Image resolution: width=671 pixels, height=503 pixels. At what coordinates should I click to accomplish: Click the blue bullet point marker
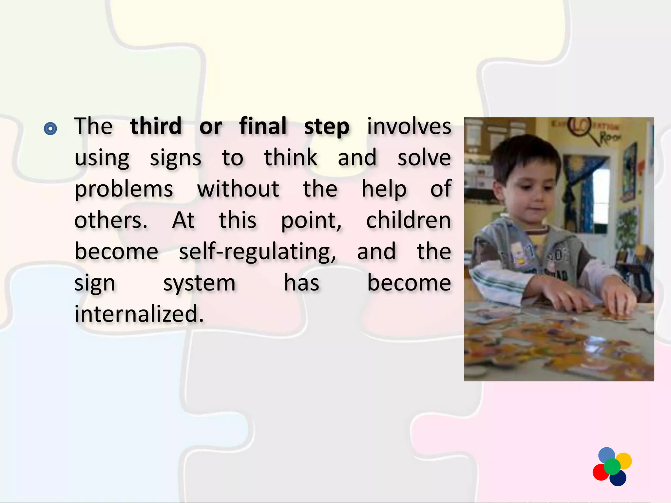point(50,129)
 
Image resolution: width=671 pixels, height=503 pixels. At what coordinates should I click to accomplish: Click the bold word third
point(156,126)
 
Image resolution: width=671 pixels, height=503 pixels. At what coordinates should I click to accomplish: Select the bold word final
point(263,126)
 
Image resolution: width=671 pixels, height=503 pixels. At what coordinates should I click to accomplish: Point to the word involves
point(409,126)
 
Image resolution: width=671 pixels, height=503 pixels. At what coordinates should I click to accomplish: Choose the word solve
point(424,158)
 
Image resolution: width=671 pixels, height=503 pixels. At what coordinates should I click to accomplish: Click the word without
point(238,189)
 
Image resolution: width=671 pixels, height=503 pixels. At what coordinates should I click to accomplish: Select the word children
point(408,220)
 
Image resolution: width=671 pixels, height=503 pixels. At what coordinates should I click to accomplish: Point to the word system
point(199,284)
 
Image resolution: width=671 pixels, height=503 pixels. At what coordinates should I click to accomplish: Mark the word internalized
point(139,314)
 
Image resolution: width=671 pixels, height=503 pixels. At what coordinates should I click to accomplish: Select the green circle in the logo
point(612,467)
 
